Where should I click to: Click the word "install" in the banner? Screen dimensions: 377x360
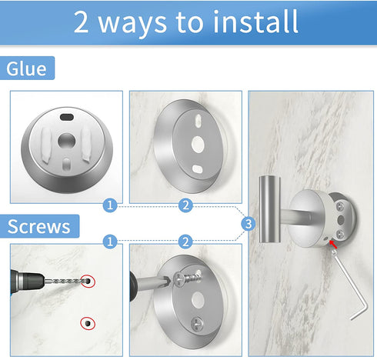[255, 22]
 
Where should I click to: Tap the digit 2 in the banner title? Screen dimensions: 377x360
[81, 22]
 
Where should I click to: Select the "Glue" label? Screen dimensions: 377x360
[27, 68]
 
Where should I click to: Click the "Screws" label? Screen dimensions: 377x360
[39, 226]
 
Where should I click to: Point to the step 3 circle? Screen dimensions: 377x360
[248, 224]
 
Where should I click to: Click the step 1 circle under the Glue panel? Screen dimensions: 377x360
[110, 205]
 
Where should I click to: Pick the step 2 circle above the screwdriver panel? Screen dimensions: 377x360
[185, 242]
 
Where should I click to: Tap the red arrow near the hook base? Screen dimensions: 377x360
[333, 245]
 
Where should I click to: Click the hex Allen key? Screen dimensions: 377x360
[350, 285]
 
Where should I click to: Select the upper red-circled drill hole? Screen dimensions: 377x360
[88, 282]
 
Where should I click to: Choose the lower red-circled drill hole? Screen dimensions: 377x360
[88, 323]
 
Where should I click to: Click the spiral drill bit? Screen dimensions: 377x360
[65, 282]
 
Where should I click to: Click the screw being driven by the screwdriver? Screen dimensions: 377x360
[188, 278]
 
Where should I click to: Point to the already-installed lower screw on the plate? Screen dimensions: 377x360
[197, 324]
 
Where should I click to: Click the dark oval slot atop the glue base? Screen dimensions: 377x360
[67, 118]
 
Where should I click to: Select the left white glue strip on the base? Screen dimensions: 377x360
[46, 145]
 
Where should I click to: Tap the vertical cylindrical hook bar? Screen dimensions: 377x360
[270, 209]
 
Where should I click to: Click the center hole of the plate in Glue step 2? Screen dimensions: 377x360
[198, 145]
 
